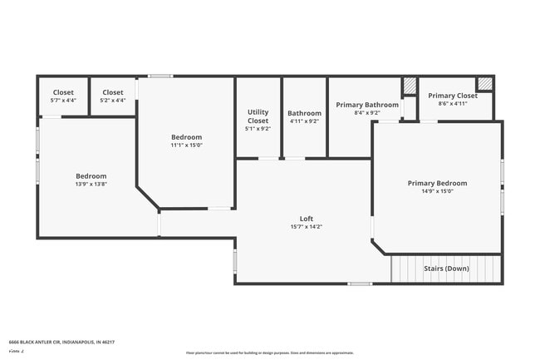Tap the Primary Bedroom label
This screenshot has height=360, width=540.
coord(437,183)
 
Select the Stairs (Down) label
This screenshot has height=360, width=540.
coord(446,269)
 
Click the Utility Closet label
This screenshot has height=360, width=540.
coord(258,116)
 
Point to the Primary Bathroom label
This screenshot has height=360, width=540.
coord(367,105)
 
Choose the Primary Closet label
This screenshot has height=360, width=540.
coord(453,96)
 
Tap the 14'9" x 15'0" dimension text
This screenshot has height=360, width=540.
coord(437,191)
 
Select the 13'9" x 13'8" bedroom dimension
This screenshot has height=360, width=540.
coord(91,185)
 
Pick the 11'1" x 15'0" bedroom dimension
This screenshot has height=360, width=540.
coord(187,145)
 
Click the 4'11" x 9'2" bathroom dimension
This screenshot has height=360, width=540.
coord(304,121)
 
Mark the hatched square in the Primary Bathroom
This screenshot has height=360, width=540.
coord(410,86)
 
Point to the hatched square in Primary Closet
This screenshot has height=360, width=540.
coord(484,83)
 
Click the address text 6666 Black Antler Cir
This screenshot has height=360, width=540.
coord(61,342)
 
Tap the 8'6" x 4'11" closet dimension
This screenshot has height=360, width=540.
coord(453,104)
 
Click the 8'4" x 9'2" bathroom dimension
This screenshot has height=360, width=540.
coord(367,113)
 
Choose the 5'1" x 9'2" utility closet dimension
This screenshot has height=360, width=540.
coord(258,129)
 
